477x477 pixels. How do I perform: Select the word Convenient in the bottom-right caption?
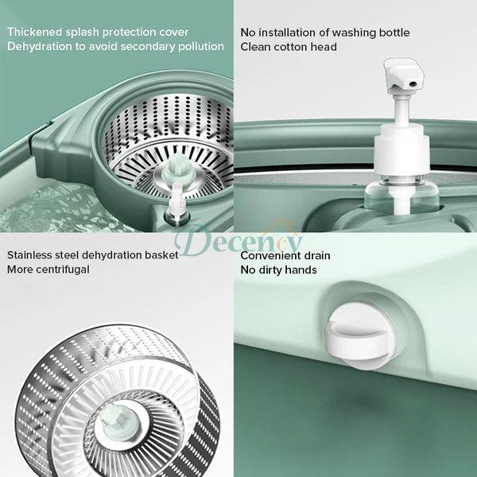tap(273, 256)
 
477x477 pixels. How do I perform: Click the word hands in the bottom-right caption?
tap(301, 270)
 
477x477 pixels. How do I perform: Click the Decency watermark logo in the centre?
tap(238, 238)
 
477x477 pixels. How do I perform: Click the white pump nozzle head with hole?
tap(402, 76)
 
